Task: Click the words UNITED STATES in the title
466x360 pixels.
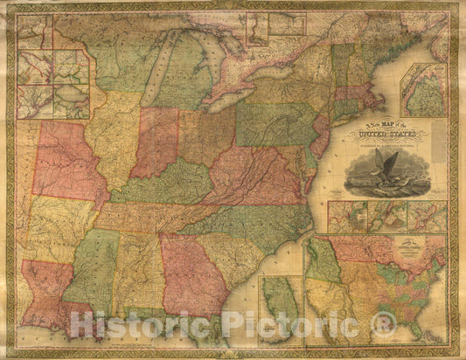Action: click(x=385, y=135)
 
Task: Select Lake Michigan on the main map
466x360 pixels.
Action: click(x=154, y=70)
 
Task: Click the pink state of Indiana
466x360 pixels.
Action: click(x=156, y=140)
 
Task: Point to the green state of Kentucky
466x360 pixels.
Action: click(x=162, y=183)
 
